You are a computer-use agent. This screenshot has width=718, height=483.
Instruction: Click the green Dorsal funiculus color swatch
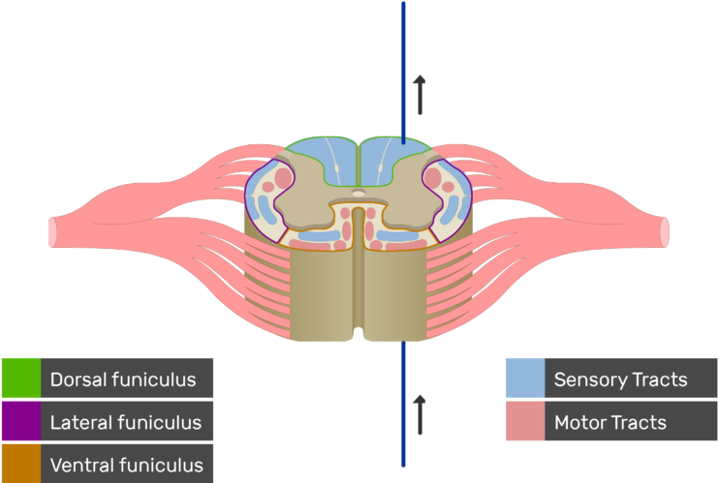pyautogui.click(x=20, y=378)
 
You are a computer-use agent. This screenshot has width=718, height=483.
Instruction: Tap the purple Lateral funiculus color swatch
pyautogui.click(x=20, y=422)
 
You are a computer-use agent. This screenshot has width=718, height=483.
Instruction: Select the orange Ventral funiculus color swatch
pyautogui.click(x=20, y=464)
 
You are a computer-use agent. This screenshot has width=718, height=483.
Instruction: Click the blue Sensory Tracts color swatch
pyautogui.click(x=524, y=378)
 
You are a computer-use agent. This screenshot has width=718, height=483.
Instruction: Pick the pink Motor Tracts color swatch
pyautogui.click(x=524, y=422)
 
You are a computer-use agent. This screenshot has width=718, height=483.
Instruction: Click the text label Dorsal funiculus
pyautogui.click(x=123, y=379)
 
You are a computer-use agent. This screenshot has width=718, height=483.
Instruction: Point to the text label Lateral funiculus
pyautogui.click(x=125, y=422)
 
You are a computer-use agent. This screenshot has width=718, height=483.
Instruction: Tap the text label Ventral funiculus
pyautogui.click(x=126, y=465)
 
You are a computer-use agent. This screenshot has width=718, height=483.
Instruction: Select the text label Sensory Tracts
pyautogui.click(x=620, y=379)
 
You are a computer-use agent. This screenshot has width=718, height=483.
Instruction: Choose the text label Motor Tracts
pyautogui.click(x=609, y=422)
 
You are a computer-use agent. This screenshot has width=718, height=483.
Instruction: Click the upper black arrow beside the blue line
pyautogui.click(x=420, y=94)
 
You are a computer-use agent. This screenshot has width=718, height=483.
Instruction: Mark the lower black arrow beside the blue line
pyautogui.click(x=420, y=413)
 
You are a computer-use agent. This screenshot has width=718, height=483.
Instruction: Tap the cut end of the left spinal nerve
pyautogui.click(x=53, y=231)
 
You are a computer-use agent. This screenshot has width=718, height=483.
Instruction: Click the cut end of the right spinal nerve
pyautogui.click(x=665, y=231)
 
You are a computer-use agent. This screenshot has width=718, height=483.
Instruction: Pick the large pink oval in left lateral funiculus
pyautogui.click(x=283, y=178)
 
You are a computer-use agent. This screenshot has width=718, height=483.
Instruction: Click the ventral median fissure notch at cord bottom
pyautogui.click(x=359, y=334)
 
